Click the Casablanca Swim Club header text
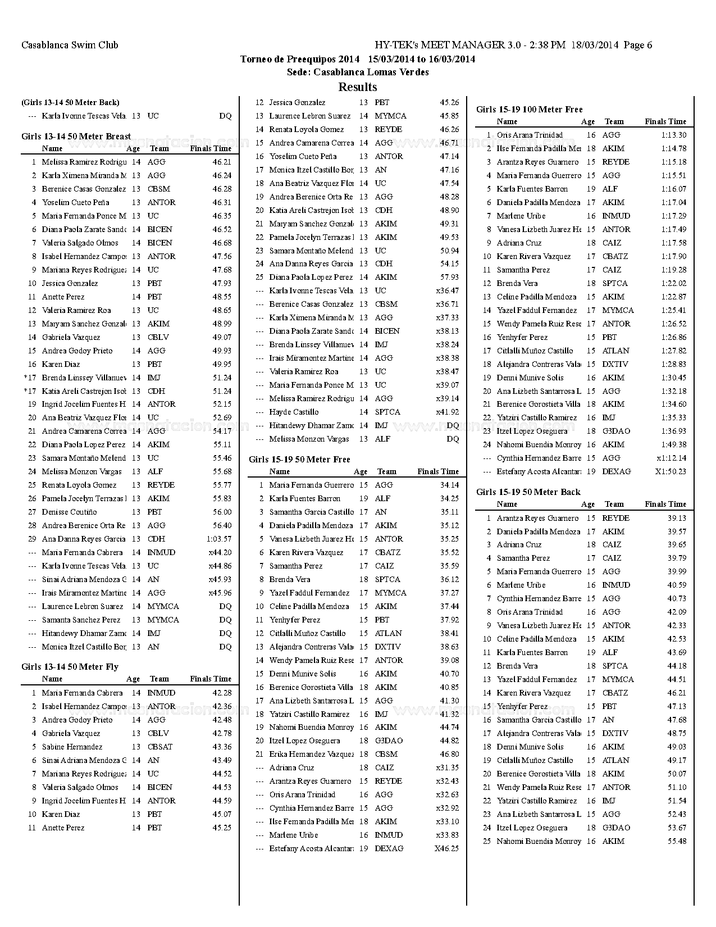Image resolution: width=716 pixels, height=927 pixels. point(70,45)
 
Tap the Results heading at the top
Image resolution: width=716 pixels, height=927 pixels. point(358,87)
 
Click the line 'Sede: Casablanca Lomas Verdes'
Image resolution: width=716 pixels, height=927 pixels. point(358,72)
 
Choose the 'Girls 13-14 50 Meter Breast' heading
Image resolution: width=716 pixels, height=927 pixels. point(76,136)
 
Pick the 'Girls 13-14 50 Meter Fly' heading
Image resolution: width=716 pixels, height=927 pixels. point(70,666)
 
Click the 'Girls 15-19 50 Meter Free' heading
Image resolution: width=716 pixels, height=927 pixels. point(299,459)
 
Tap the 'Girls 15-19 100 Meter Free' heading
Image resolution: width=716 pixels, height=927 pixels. point(529,109)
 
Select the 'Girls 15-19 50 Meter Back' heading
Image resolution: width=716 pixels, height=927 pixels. point(528,492)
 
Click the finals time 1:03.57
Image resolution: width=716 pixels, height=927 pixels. point(219,539)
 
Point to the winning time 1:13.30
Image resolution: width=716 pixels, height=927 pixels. point(673,135)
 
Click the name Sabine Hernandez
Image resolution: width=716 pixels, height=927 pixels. point(72,747)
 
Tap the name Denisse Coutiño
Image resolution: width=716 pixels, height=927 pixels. point(69,512)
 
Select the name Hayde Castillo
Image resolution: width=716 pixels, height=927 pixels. point(294,412)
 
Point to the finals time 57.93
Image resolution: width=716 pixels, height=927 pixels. point(449,277)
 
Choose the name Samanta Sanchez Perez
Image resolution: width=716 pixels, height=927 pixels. point(81,620)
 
